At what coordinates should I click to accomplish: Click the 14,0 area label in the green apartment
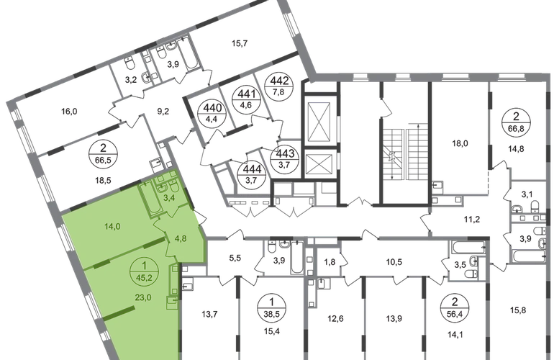tap(110, 226)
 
